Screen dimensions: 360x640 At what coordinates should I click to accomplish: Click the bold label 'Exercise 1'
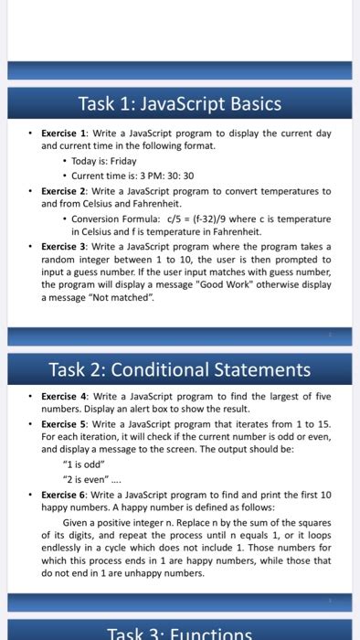pyautogui.click(x=62, y=133)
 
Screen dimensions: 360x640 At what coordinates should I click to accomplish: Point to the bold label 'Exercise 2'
pyautogui.click(x=62, y=191)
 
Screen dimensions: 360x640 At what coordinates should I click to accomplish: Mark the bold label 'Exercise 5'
pyautogui.click(x=62, y=424)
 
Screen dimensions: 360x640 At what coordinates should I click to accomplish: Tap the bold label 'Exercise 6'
pyautogui.click(x=62, y=495)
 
